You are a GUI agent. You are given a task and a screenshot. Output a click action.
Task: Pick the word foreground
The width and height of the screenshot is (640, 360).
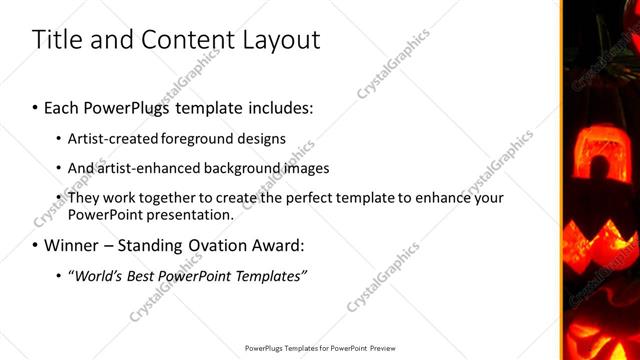pos(201,138)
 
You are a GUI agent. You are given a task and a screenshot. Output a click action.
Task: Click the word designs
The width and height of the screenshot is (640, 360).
pos(264,138)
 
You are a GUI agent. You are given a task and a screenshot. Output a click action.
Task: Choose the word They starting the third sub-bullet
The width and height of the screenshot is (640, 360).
pos(83,197)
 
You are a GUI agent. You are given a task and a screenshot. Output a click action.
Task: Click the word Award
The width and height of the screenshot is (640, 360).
pos(287,245)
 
